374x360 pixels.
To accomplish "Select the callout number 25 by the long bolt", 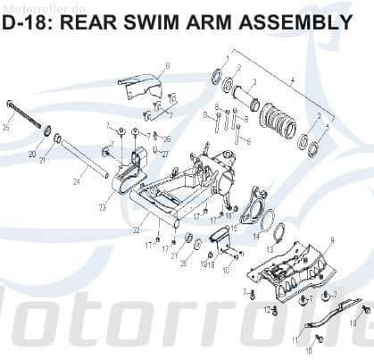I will coord(6,128).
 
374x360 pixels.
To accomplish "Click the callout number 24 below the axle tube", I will coord(76,181).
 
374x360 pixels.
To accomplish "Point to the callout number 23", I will coord(102,207).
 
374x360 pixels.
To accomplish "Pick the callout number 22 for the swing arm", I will coord(136,230).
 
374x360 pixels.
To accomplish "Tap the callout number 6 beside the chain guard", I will coord(167,65).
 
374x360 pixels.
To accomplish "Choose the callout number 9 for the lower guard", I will coord(332,240).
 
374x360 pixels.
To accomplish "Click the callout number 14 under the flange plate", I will coord(256,238).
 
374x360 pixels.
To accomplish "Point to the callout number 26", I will coord(166,138).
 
